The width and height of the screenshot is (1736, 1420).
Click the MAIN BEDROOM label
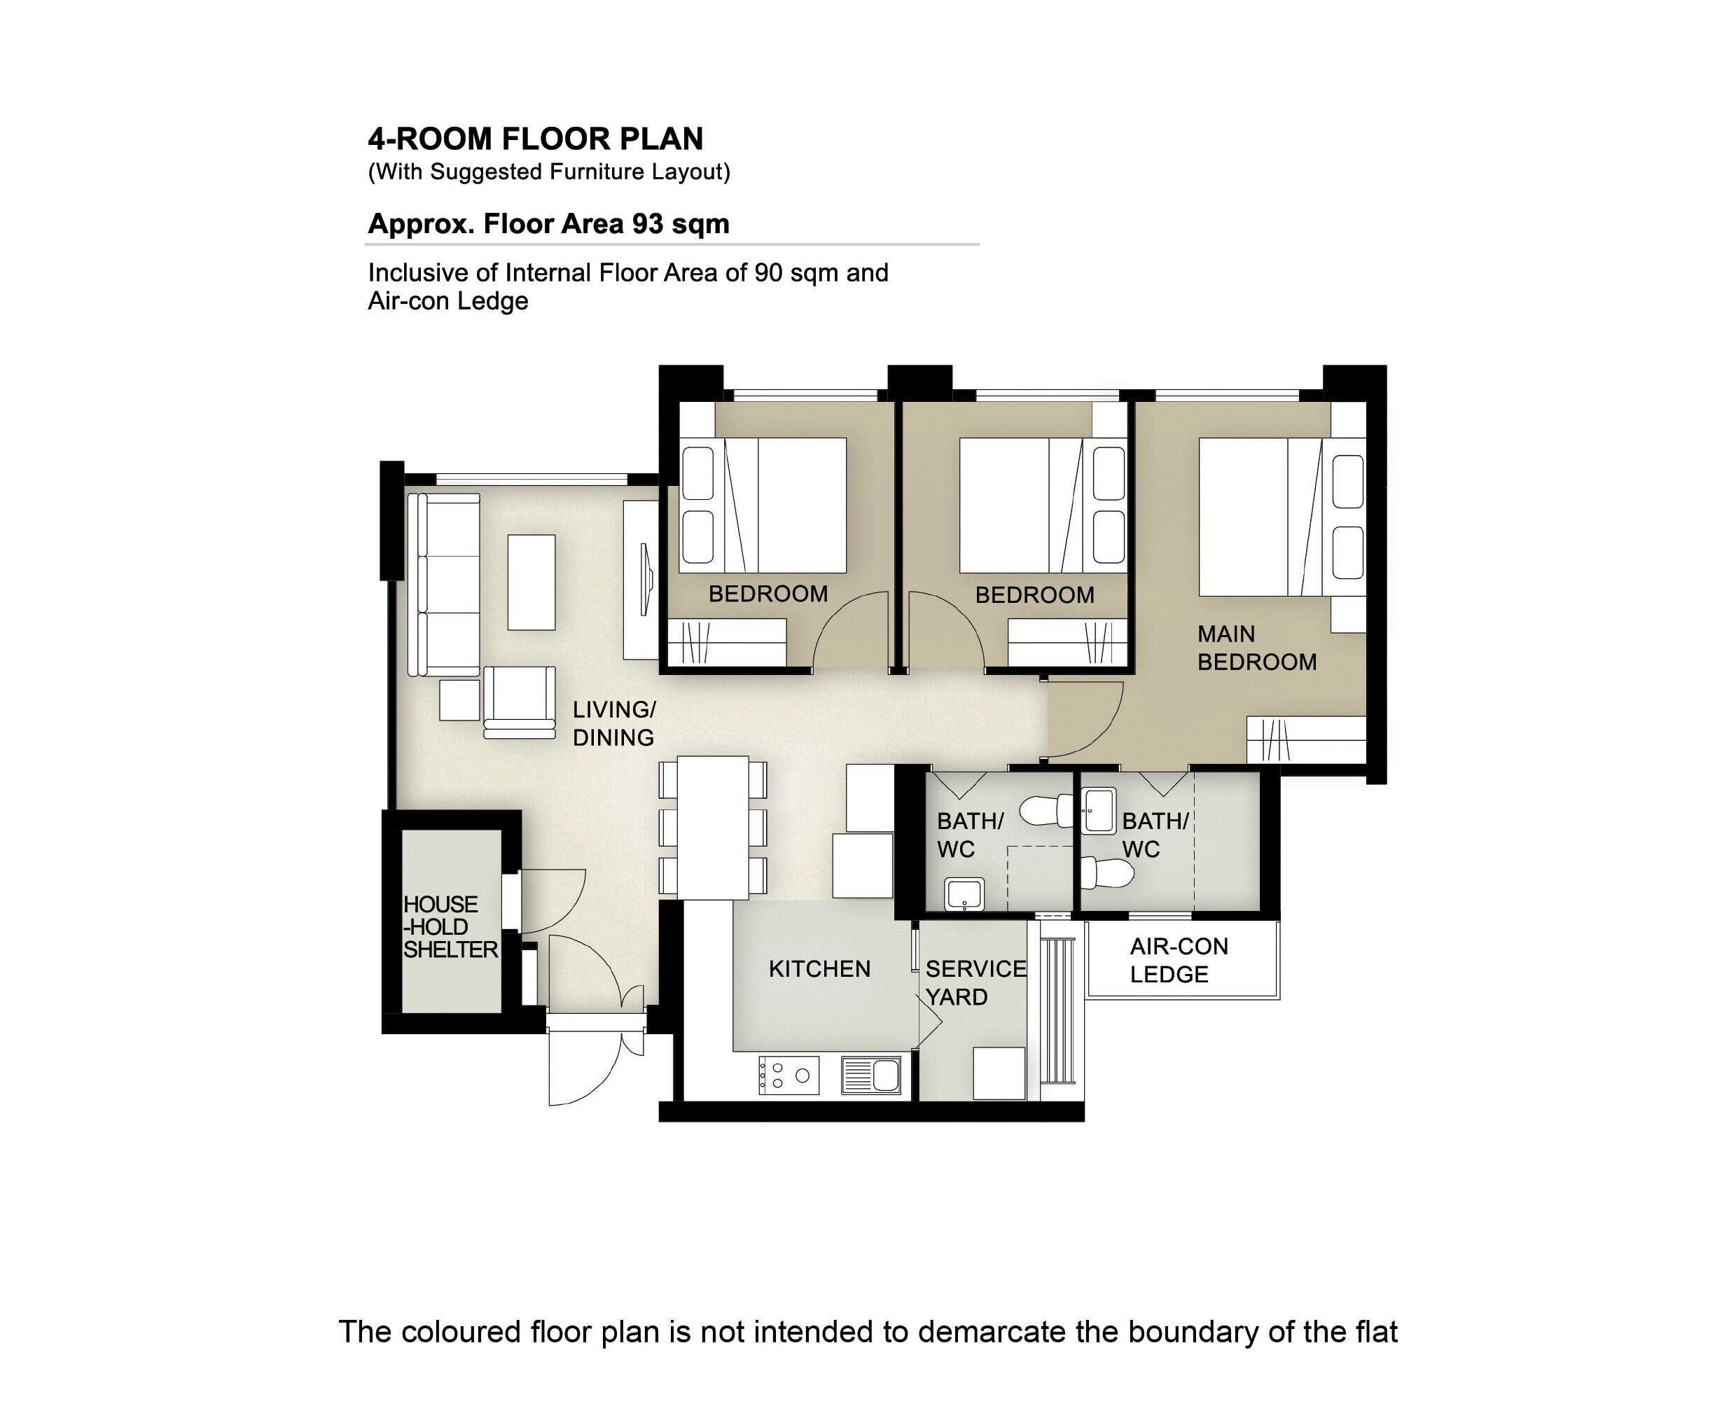tap(1256, 648)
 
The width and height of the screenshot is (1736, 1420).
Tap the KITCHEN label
tap(819, 969)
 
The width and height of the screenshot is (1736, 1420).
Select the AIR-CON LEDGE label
tap(1179, 960)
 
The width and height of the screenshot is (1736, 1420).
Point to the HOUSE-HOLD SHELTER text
tap(450, 927)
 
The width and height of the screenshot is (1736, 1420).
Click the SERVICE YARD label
tap(975, 983)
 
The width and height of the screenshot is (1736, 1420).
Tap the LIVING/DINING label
tap(613, 724)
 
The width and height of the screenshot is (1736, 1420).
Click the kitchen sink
tap(871, 1075)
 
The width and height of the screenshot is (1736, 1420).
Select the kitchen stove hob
tap(789, 1075)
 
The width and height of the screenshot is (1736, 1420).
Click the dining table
tap(713, 828)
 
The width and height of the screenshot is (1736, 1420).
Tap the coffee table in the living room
tap(531, 583)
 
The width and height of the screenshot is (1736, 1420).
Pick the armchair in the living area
tap(520, 702)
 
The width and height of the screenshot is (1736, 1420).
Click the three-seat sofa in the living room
tap(443, 585)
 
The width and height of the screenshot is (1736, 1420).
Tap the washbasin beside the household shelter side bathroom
tap(964, 894)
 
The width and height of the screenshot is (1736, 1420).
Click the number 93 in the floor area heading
tap(647, 224)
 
